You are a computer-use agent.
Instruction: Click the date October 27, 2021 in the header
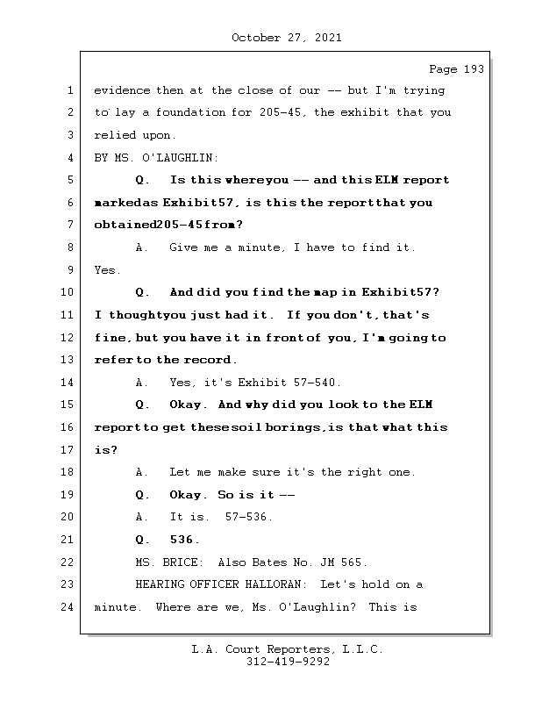tap(287, 38)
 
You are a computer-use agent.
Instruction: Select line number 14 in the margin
tap(69, 383)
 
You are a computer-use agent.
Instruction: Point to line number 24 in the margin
tap(69, 607)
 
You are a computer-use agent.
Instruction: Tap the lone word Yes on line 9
tap(107, 270)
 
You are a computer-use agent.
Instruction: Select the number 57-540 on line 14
tap(317, 383)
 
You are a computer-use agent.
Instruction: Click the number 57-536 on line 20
tap(249, 517)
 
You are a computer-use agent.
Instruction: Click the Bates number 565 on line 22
tap(355, 562)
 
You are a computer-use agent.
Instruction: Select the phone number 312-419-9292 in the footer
tap(287, 663)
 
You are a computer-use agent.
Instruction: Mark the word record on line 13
tap(207, 360)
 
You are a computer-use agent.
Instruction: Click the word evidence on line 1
tap(122, 90)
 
